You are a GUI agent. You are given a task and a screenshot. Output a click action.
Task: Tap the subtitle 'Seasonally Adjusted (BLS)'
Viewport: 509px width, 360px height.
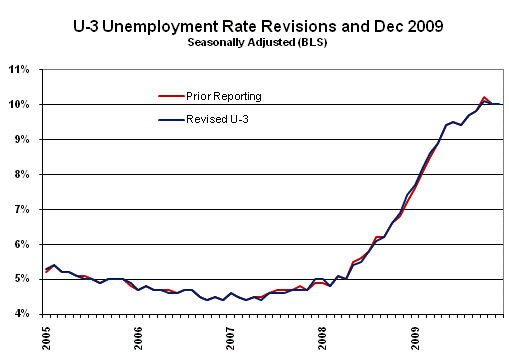[255, 43]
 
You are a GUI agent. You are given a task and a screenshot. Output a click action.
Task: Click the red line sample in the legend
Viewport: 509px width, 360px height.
[170, 96]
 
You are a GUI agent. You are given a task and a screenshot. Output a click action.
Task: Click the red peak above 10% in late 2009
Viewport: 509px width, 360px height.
[485, 97]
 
